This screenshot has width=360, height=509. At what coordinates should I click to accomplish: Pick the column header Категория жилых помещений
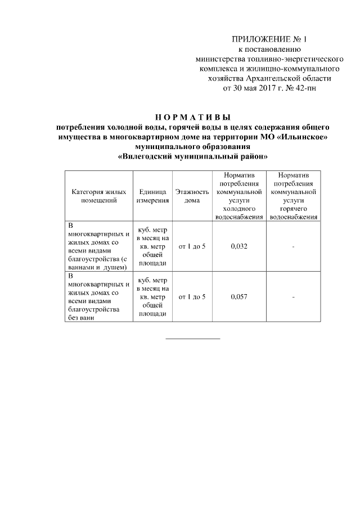[98, 196]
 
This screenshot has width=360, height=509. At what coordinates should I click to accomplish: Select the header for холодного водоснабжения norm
[239, 196]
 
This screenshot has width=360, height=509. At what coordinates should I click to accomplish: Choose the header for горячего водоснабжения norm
[294, 196]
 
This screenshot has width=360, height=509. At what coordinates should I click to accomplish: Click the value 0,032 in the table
[239, 246]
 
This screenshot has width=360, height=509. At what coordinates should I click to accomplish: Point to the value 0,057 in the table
[239, 296]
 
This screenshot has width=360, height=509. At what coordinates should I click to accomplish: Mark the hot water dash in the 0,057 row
[294, 296]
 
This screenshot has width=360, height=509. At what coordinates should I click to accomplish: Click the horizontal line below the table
[192, 339]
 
